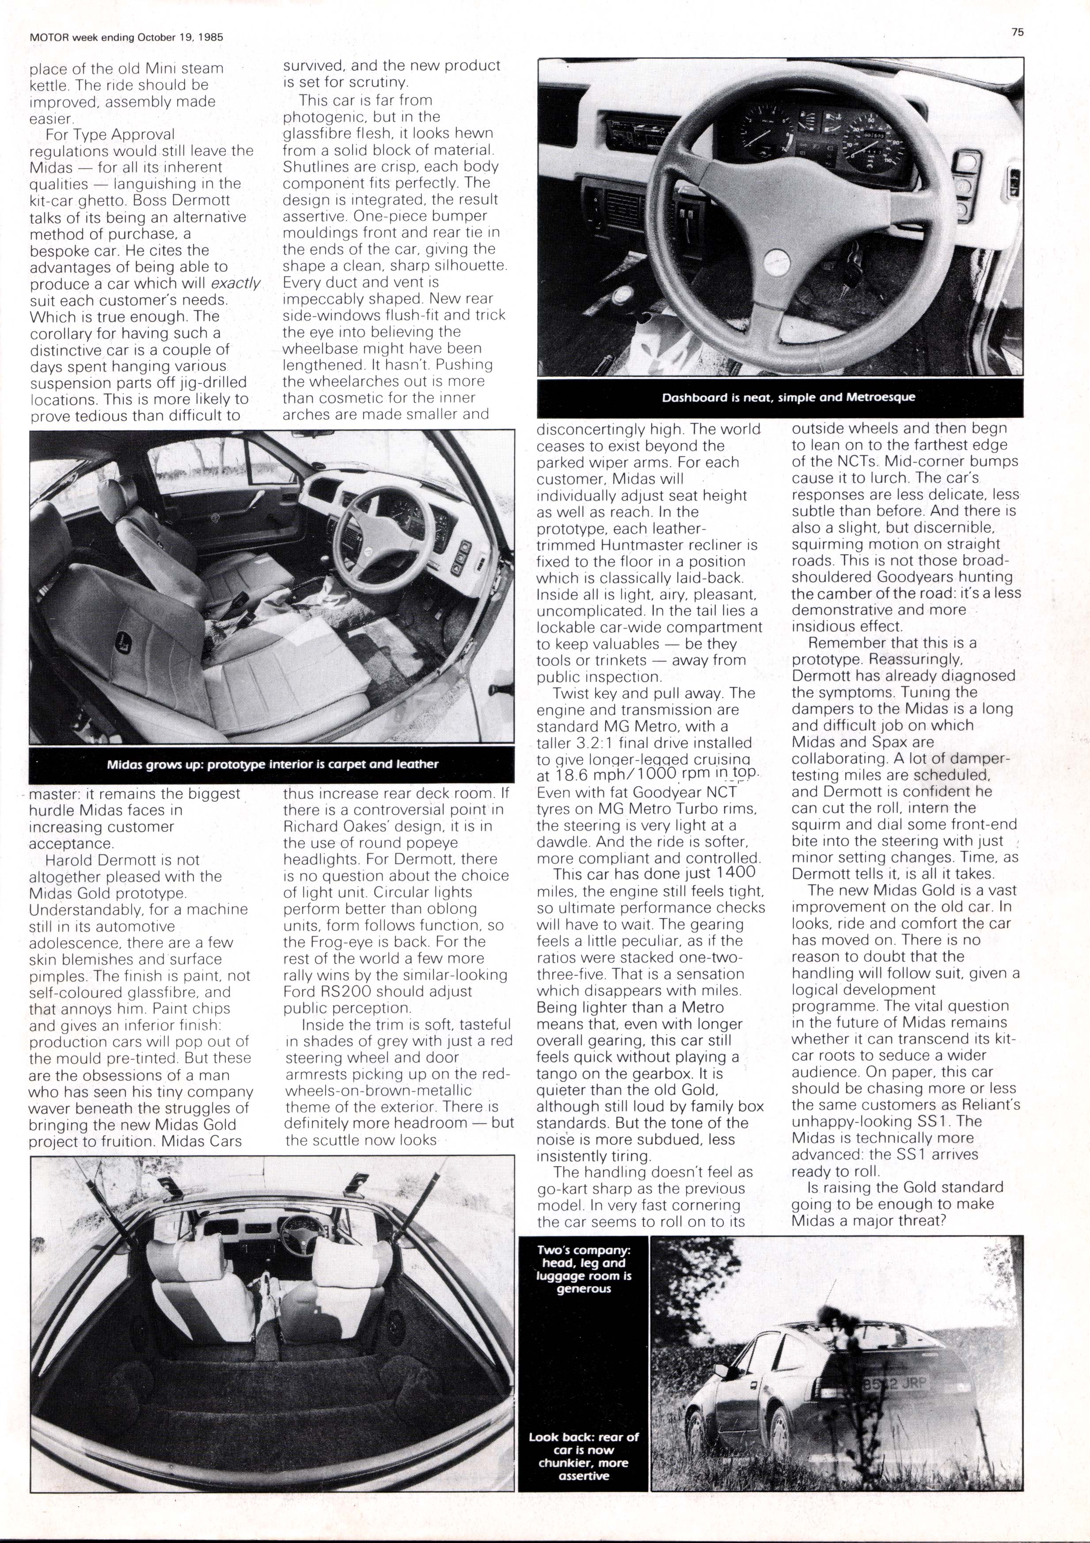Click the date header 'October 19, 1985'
click(180, 38)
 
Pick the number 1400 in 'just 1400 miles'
click(736, 872)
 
